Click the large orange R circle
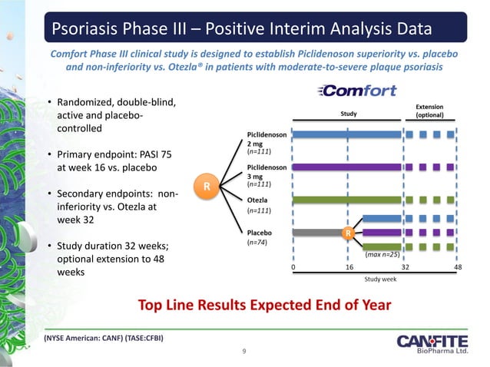click(206, 186)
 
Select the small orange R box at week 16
click(348, 231)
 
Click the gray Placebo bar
click(318, 231)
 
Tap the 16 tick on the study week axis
click(348, 267)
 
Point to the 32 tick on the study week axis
click(406, 267)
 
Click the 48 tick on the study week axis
click(459, 267)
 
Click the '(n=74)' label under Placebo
click(257, 242)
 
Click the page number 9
click(243, 352)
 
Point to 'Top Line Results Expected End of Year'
click(264, 305)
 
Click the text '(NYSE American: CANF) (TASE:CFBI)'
click(103, 338)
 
